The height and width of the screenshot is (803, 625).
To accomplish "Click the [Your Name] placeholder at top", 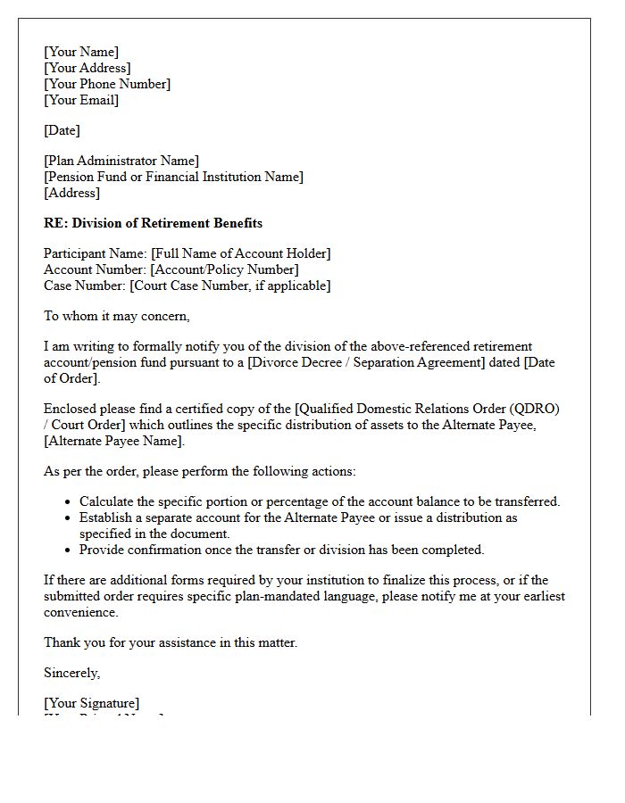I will (x=81, y=52).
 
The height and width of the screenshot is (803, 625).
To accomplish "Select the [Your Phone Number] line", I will (x=107, y=84).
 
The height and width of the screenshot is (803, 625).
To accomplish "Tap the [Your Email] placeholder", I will (x=81, y=100).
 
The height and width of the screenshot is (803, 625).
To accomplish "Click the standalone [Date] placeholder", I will (x=62, y=130).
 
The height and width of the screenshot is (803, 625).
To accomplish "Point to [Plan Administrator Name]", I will (x=121, y=161).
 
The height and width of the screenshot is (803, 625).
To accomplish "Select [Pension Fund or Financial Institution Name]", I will (x=173, y=177).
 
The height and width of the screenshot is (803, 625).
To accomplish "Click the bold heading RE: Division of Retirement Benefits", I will (x=153, y=223).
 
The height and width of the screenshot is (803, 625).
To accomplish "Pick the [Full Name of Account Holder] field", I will (x=241, y=253).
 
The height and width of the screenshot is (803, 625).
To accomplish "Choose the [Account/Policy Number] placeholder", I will (x=224, y=269).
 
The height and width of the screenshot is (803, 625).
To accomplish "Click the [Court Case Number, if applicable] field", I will (x=229, y=286).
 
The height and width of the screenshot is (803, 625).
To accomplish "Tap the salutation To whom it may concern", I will (x=117, y=316).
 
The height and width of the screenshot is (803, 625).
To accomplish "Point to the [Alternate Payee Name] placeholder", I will (x=114, y=441).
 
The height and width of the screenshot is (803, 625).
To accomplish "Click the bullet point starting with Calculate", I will (x=320, y=501).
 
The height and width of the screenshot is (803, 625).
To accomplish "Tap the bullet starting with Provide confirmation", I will (x=281, y=550).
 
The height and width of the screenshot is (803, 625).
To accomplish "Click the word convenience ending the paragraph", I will (x=80, y=612).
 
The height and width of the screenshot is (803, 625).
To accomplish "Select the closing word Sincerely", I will (x=71, y=673).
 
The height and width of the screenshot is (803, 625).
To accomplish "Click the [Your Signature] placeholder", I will (x=91, y=703).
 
